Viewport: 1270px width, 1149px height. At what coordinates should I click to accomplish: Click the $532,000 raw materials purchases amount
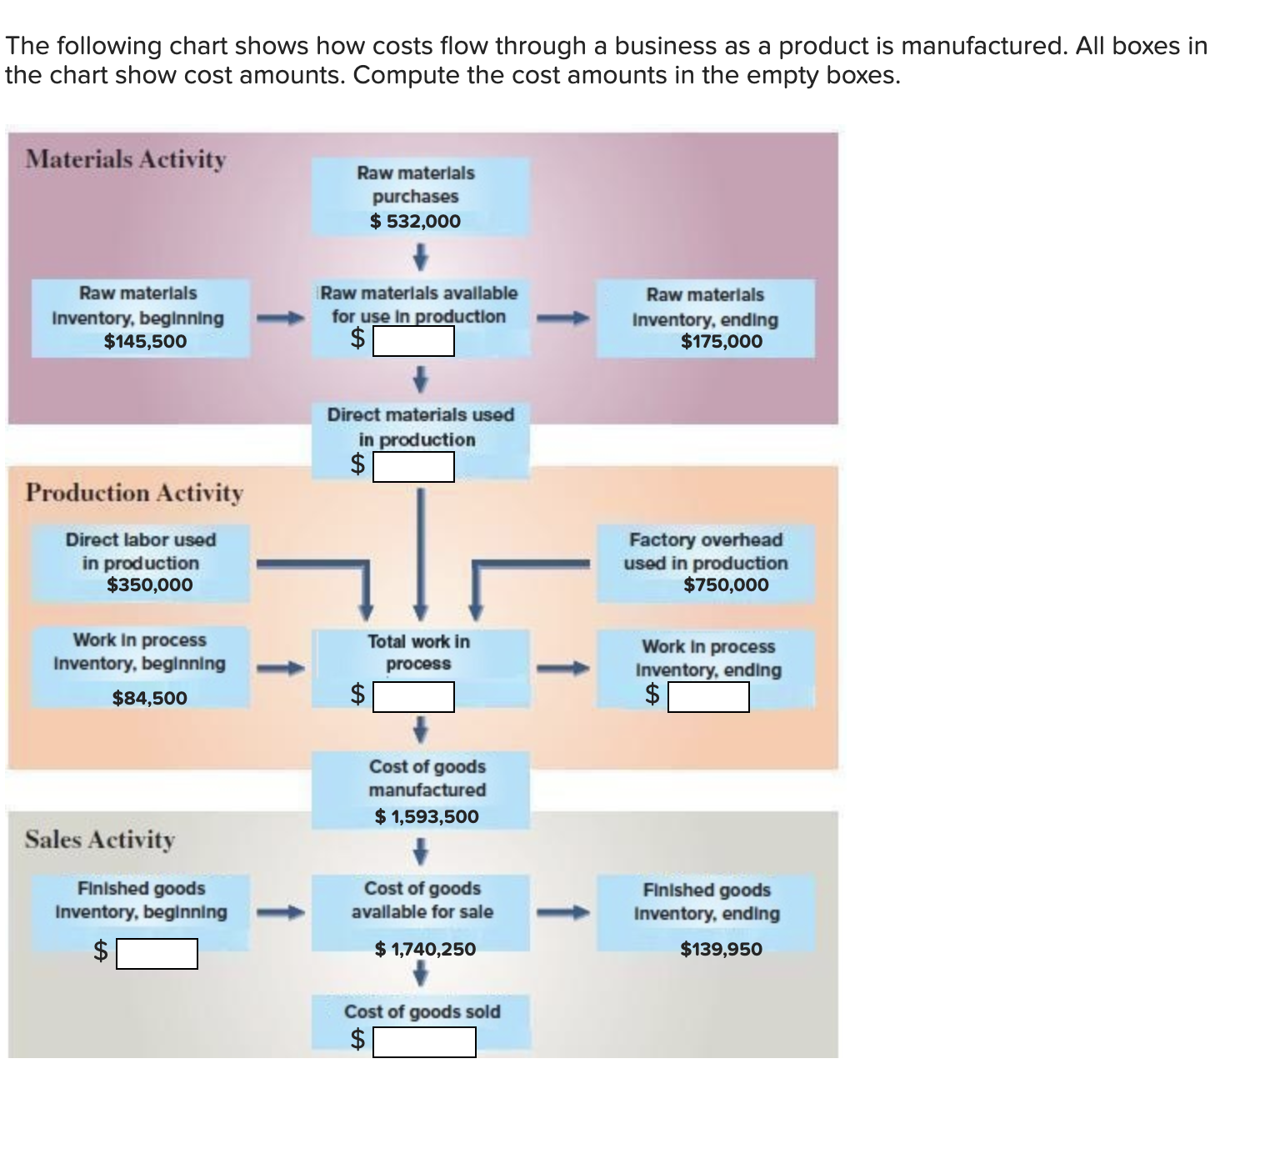[x=415, y=221]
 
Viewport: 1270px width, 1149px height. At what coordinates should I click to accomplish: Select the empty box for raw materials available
[x=413, y=341]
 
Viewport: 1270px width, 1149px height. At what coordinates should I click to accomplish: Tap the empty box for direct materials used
[x=413, y=467]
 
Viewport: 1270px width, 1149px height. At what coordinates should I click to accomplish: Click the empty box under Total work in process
[x=413, y=697]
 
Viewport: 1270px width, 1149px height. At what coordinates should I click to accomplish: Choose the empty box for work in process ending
[x=708, y=697]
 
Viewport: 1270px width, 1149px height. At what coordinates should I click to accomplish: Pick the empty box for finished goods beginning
[x=157, y=954]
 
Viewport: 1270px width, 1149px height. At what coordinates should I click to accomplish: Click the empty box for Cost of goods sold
[x=424, y=1042]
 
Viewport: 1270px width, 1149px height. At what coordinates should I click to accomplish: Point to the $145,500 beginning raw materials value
[x=145, y=341]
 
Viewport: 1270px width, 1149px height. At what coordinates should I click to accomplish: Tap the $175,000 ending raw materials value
[x=721, y=341]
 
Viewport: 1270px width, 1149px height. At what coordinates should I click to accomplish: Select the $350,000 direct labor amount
[x=149, y=585]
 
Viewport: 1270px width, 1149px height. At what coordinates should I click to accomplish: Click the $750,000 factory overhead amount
[x=726, y=585]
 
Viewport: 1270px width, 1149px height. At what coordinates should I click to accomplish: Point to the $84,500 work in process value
[x=149, y=698]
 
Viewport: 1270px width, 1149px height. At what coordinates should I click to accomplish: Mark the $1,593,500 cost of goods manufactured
[x=427, y=816]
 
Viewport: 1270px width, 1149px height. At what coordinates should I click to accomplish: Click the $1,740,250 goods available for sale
[x=425, y=949]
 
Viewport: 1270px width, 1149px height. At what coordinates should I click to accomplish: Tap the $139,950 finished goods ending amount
[x=721, y=949]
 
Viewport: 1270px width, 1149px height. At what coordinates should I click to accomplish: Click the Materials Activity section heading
[x=125, y=159]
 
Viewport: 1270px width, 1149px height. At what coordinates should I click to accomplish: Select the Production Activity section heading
[x=134, y=493]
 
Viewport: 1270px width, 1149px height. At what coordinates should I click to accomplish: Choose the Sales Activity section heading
[x=100, y=840]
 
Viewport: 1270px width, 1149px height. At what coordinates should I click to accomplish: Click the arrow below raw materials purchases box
[x=421, y=257]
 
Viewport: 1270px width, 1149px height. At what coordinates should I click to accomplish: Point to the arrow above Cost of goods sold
[x=421, y=973]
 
